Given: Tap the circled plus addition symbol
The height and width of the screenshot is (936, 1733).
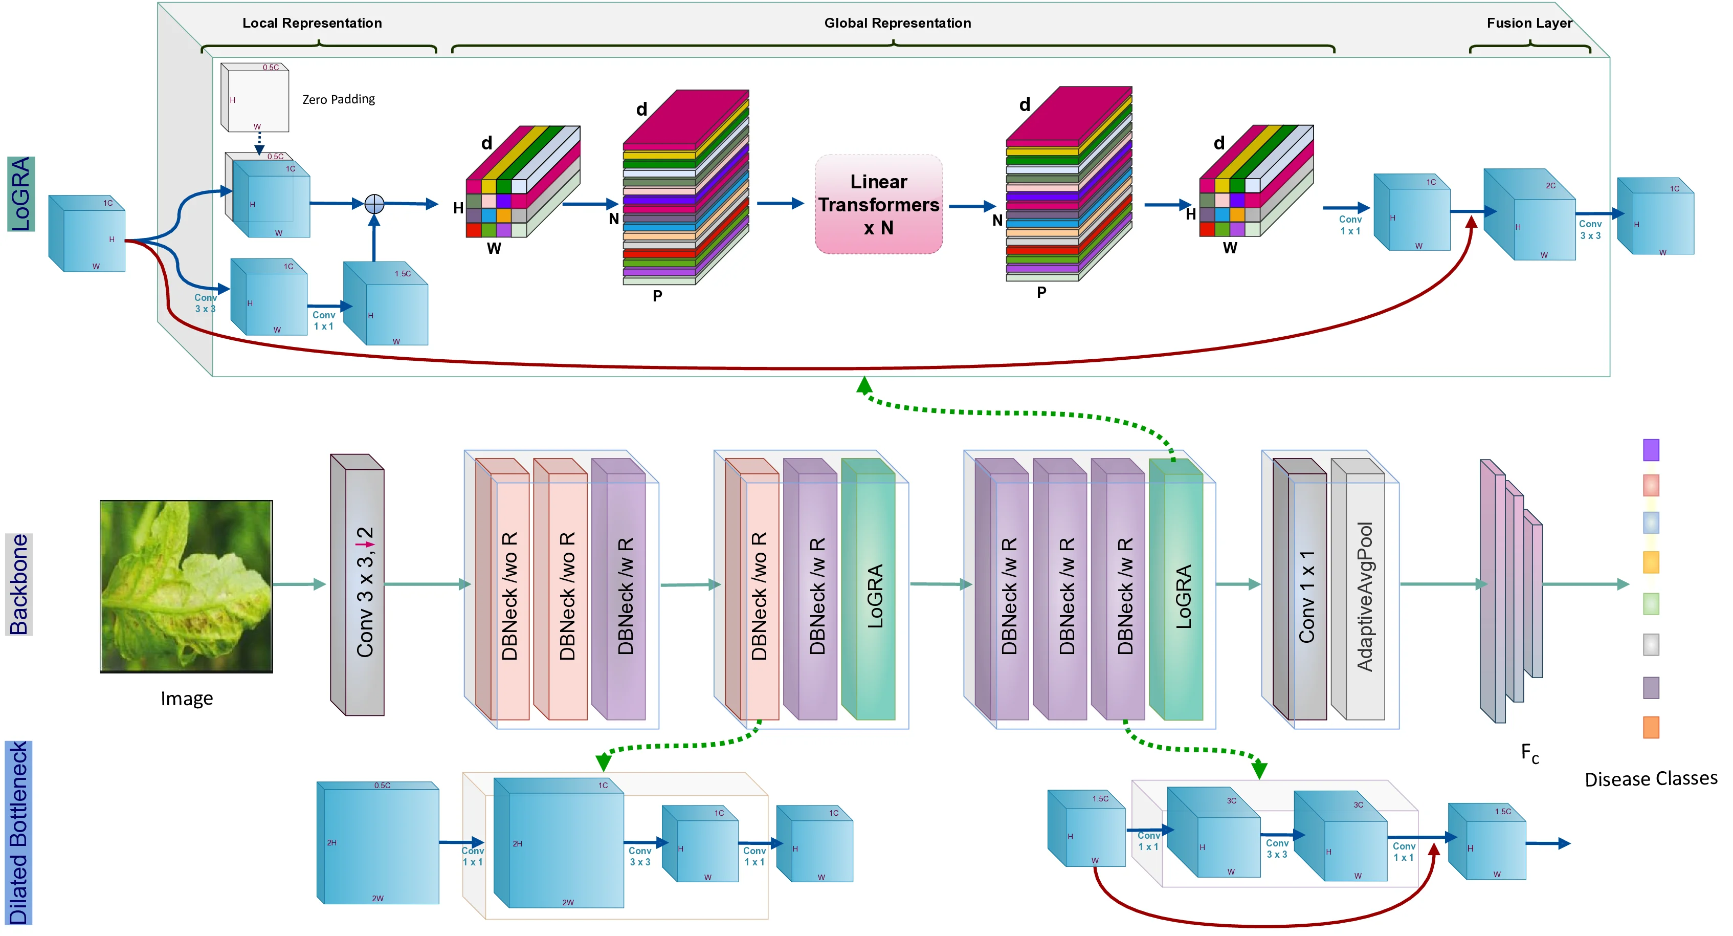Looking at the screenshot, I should (x=374, y=203).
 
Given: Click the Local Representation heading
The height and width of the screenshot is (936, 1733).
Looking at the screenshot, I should (x=312, y=23).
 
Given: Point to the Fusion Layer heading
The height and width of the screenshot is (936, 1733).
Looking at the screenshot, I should (x=1528, y=23).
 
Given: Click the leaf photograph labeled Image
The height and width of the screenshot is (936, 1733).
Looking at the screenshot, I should (x=186, y=586).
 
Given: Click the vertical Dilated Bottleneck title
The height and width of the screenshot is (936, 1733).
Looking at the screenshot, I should (x=18, y=833).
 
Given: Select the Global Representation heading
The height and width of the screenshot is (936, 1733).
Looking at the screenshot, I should (x=897, y=23).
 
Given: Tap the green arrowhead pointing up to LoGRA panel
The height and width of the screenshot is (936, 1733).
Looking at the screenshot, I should (x=864, y=384).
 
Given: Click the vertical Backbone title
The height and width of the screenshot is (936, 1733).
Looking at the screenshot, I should (x=19, y=584).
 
